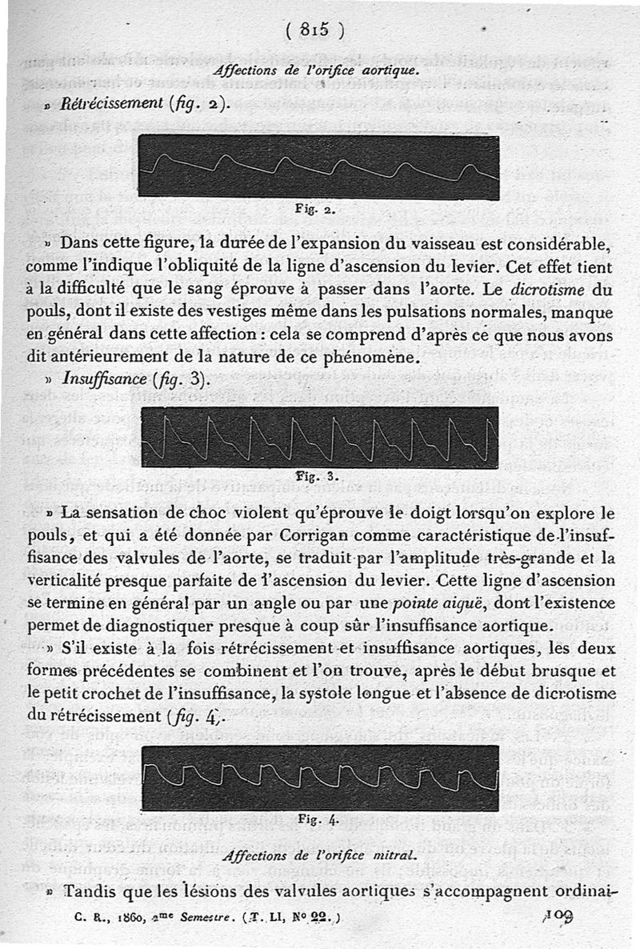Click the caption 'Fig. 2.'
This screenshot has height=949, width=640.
pos(315,211)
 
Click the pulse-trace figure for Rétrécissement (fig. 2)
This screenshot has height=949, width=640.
pos(318,166)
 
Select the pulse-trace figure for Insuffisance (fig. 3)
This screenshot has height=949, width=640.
pos(319,437)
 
